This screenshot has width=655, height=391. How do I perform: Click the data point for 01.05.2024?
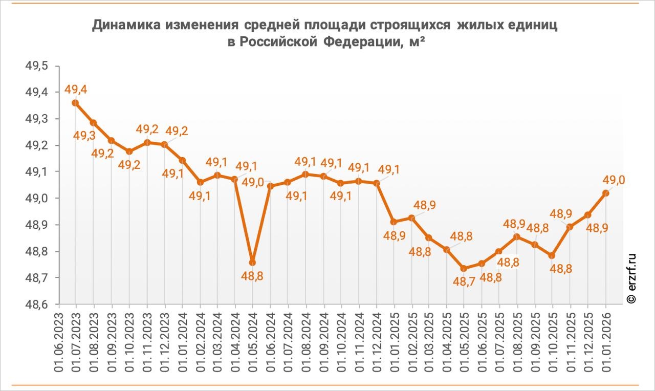coord(252,263)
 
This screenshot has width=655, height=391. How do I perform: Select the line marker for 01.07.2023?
coord(76,103)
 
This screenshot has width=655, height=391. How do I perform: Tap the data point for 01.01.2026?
coord(606,193)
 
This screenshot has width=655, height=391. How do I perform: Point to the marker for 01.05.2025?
coord(464,269)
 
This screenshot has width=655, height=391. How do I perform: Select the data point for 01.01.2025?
coord(394,222)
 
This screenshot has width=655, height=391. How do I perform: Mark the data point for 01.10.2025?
coord(552,255)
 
